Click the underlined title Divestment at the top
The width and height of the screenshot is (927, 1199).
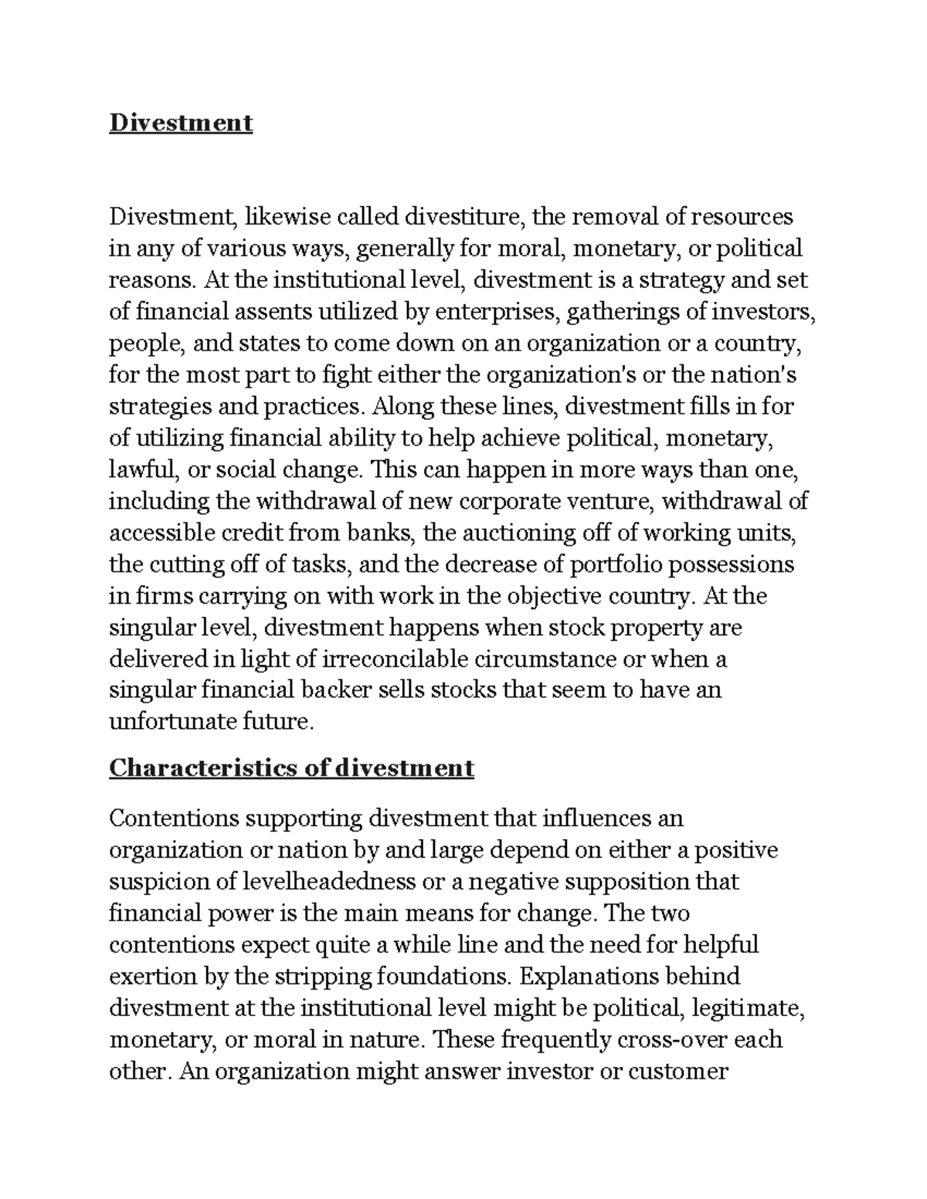tap(181, 123)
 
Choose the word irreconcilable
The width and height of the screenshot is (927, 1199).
tap(394, 659)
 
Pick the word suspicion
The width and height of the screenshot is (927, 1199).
tap(158, 882)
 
